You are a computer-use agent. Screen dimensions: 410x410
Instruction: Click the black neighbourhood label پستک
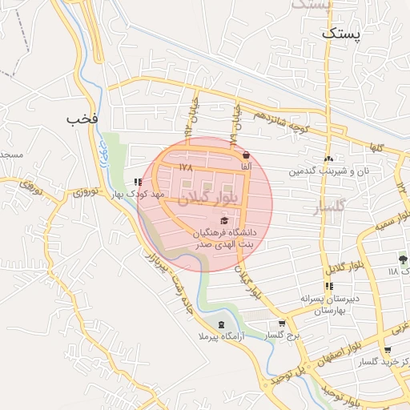342,34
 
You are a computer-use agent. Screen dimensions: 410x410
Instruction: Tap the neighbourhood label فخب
82,119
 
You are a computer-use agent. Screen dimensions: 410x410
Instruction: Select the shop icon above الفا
245,155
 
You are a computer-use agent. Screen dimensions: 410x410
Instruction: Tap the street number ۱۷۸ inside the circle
187,167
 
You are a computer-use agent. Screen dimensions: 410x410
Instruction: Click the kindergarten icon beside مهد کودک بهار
138,183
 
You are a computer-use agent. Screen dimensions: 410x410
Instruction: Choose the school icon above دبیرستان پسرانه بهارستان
328,285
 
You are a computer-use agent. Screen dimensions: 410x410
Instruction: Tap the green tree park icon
403,259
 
